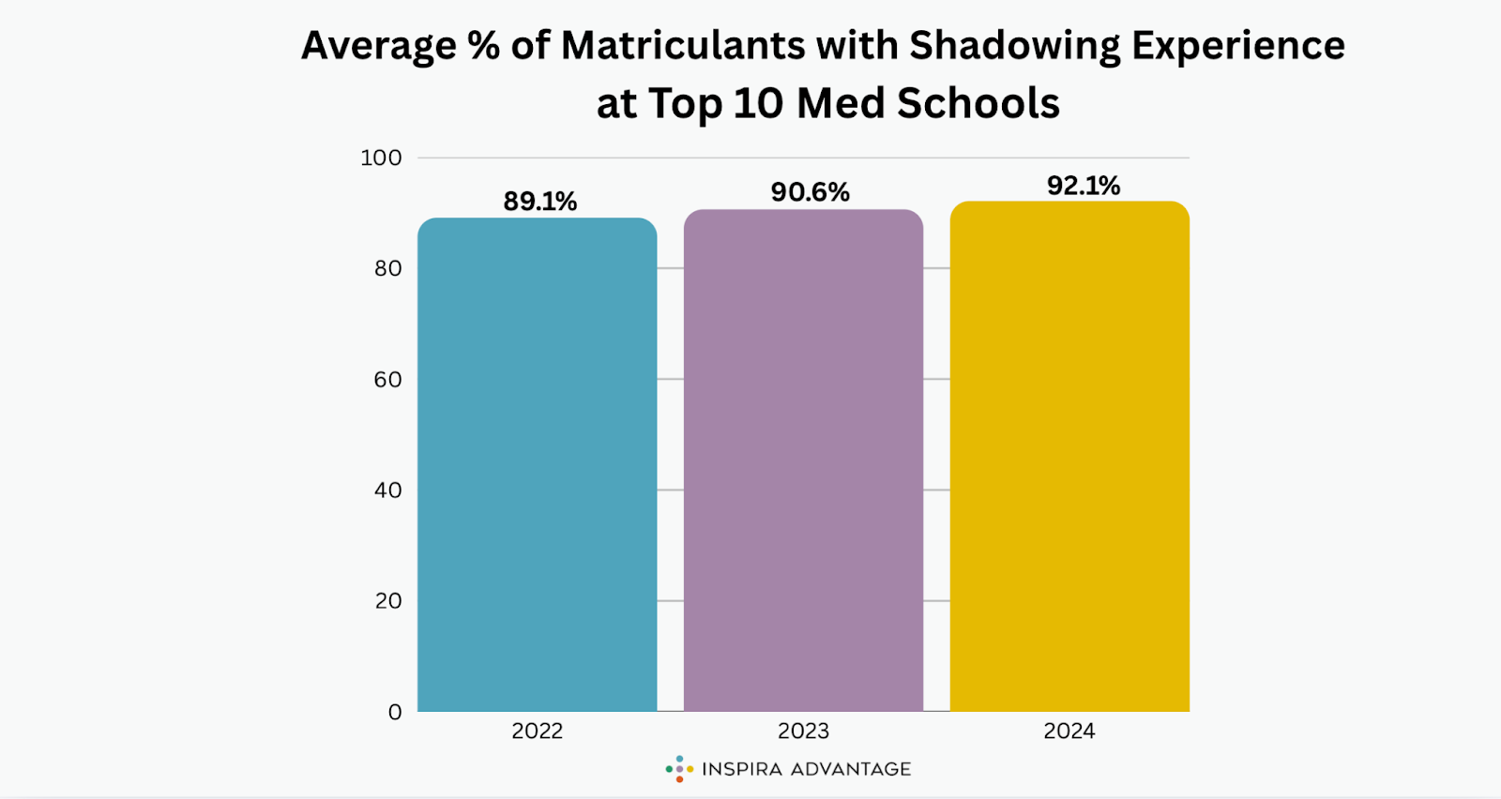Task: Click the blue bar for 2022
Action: pyautogui.click(x=537, y=464)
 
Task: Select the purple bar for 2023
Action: pyautogui.click(x=803, y=460)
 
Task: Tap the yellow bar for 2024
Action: pyautogui.click(x=1069, y=456)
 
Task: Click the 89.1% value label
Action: pyautogui.click(x=539, y=202)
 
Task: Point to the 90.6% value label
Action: pyautogui.click(x=810, y=192)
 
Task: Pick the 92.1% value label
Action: pyautogui.click(x=1084, y=186)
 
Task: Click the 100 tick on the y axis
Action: pyautogui.click(x=381, y=158)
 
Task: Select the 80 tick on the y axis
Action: pyautogui.click(x=387, y=268)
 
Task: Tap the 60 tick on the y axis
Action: pyautogui.click(x=387, y=379)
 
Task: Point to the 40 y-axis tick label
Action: pyautogui.click(x=387, y=490)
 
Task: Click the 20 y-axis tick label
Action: pyautogui.click(x=387, y=600)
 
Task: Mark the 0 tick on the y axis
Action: pyautogui.click(x=395, y=712)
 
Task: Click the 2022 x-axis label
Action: pyautogui.click(x=537, y=731)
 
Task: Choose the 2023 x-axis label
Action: pyautogui.click(x=803, y=731)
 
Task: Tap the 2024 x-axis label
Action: pyautogui.click(x=1069, y=731)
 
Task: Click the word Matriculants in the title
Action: pyautogui.click(x=683, y=46)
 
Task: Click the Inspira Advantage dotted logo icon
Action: pyautogui.click(x=679, y=769)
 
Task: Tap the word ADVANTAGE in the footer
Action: pyautogui.click(x=851, y=769)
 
